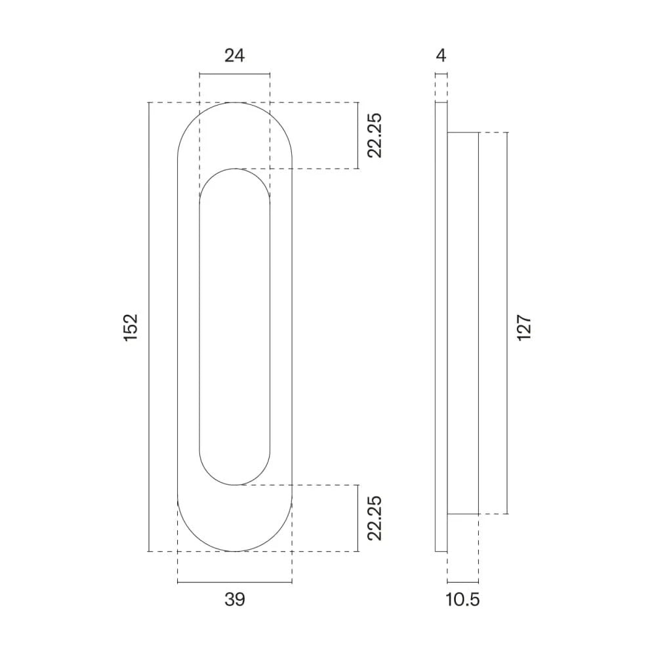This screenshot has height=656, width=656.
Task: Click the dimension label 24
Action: [234, 56]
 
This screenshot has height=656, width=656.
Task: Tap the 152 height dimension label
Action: [131, 327]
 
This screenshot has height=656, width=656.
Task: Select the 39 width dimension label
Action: [234, 599]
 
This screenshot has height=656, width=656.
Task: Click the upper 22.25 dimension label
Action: [375, 136]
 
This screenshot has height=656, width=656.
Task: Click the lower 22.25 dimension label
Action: [375, 518]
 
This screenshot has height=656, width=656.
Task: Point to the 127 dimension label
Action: [523, 327]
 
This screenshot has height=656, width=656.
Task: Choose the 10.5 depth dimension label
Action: [463, 600]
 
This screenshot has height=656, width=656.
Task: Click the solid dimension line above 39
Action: [234, 582]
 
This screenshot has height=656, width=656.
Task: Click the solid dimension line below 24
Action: [234, 73]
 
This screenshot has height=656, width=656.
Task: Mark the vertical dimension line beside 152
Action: [150, 327]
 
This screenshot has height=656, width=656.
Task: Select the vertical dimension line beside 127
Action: [507, 321]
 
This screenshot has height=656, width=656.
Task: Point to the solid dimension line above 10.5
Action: [462, 583]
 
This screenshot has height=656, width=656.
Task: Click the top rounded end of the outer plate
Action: [234, 103]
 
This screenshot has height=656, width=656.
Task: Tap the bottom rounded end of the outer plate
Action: [234, 551]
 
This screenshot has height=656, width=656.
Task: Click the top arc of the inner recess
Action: [234, 169]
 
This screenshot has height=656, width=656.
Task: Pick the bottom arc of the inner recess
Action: [234, 485]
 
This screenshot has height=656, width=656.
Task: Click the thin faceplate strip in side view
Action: [441, 327]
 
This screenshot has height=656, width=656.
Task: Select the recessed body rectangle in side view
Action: [462, 321]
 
